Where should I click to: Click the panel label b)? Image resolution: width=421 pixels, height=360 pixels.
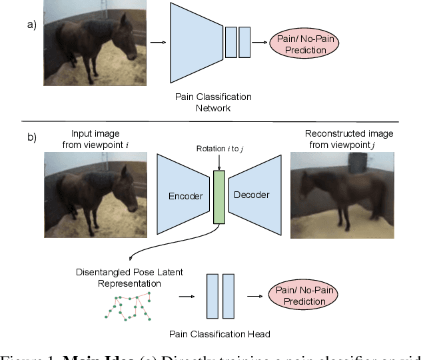tap(31, 138)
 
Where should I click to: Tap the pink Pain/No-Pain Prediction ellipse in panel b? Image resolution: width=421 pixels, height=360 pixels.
tap(304, 295)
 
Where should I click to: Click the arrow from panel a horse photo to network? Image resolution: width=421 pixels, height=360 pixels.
tap(157, 43)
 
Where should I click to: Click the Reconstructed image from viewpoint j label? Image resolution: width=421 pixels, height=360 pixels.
tap(348, 139)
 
